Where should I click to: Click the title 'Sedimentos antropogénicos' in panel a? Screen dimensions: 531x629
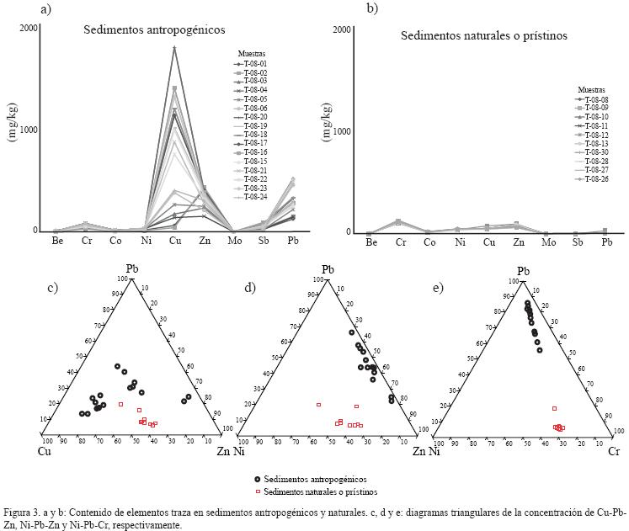tap(153, 30)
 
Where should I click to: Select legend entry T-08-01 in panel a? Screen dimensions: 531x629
tap(250, 63)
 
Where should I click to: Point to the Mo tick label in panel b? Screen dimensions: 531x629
tap(549, 243)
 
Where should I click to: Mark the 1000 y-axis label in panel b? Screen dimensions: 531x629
tap(341, 131)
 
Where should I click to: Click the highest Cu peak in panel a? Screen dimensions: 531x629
tap(174, 47)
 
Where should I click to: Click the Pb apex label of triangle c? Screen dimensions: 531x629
tap(132, 269)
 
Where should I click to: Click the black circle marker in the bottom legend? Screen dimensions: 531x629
tap(256, 477)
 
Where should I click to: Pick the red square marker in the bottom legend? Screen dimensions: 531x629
tap(256, 491)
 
